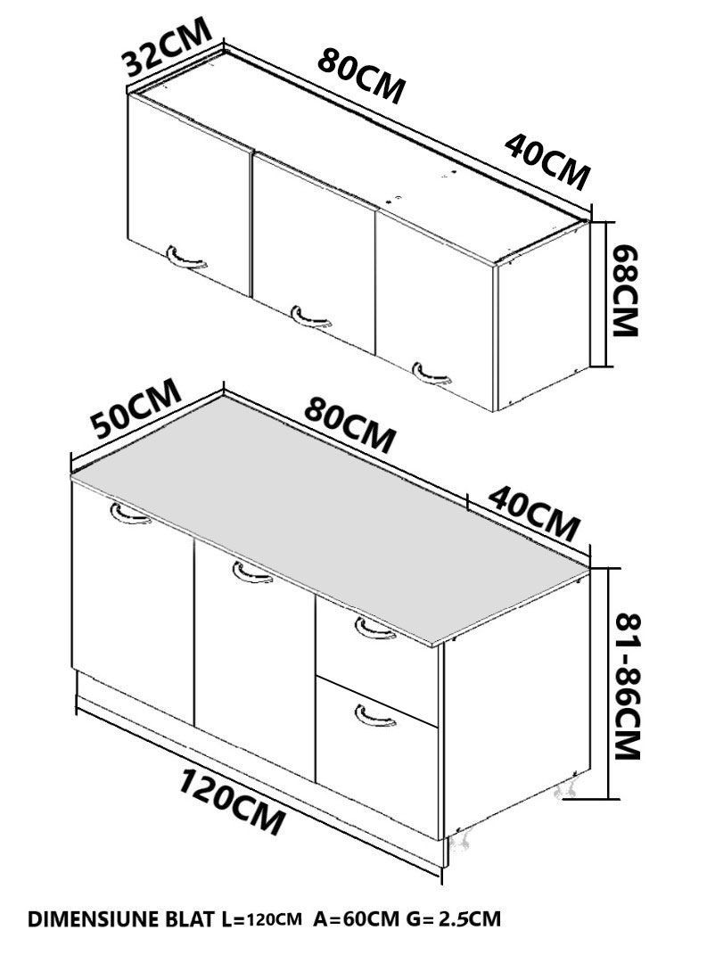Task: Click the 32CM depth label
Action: tap(168, 46)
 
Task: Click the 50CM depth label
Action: tap(136, 407)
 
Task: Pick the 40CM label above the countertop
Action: tap(534, 514)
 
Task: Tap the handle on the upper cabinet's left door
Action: tap(186, 257)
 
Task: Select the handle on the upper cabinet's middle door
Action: tap(311, 316)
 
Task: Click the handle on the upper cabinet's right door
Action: tap(432, 374)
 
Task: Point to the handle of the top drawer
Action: tap(374, 629)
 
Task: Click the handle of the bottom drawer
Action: tap(375, 715)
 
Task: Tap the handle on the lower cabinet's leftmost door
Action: tap(131, 514)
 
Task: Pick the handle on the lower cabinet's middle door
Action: tap(252, 572)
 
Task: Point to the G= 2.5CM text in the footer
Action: tap(453, 919)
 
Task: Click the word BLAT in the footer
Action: tap(193, 919)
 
